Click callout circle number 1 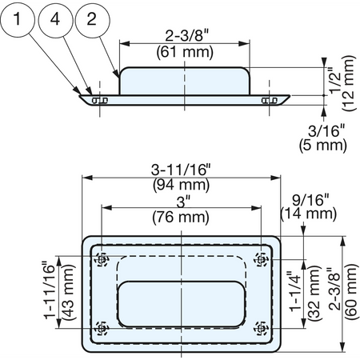coord(18,19)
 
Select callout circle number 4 coord(55,19)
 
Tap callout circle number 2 coord(92,19)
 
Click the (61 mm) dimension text coord(185,52)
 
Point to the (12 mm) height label coord(349,83)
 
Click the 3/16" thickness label coord(326,131)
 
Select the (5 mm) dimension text coord(323,146)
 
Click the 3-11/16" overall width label coord(181,170)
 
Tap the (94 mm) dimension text coord(182,185)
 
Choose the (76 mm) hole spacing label coord(181,217)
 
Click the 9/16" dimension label coord(310,200)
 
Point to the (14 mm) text coord(309,214)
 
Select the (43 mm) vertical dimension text coord(68,292)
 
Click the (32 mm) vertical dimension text coord(314,293)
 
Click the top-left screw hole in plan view coord(102,259)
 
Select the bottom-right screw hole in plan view coord(261,328)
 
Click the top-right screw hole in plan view coord(261,259)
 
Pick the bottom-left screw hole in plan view coord(102,328)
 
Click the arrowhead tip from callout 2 coord(118,78)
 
